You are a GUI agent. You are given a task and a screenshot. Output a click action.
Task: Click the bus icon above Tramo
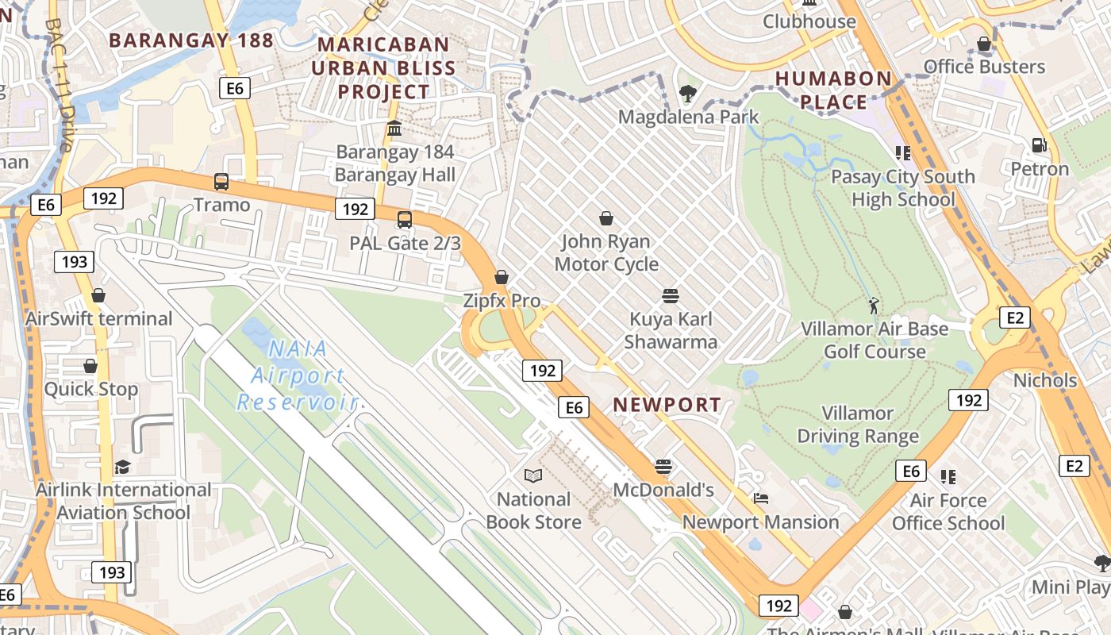point(221,182)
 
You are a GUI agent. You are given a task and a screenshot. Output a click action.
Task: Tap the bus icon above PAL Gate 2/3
point(405,219)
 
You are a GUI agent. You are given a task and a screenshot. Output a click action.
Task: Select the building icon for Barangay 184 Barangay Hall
point(394,128)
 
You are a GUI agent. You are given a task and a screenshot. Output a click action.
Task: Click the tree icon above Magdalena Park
point(688,94)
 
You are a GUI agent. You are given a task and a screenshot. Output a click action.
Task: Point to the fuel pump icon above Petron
point(1039,145)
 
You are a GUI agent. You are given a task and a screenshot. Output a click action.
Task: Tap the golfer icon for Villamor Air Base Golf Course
point(874,305)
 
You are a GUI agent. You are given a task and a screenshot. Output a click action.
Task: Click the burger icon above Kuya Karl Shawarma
point(671,296)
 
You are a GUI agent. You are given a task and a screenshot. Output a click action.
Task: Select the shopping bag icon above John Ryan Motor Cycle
point(606,218)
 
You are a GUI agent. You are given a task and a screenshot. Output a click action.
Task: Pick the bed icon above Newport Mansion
point(760,498)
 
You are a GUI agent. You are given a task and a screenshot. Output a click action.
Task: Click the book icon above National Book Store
point(533,475)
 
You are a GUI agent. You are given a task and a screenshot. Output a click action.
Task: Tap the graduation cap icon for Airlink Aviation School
point(122,467)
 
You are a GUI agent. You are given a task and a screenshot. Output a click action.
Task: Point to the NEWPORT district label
point(667,405)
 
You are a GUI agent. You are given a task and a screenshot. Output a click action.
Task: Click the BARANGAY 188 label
point(191,40)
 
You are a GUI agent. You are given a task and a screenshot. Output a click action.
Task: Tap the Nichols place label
point(1045,380)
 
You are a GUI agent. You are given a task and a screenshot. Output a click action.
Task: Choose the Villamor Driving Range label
point(858,425)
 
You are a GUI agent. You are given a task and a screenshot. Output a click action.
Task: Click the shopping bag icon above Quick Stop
point(90,366)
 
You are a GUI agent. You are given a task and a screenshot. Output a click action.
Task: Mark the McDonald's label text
point(663,490)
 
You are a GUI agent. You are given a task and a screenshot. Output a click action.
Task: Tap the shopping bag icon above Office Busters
point(984,44)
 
